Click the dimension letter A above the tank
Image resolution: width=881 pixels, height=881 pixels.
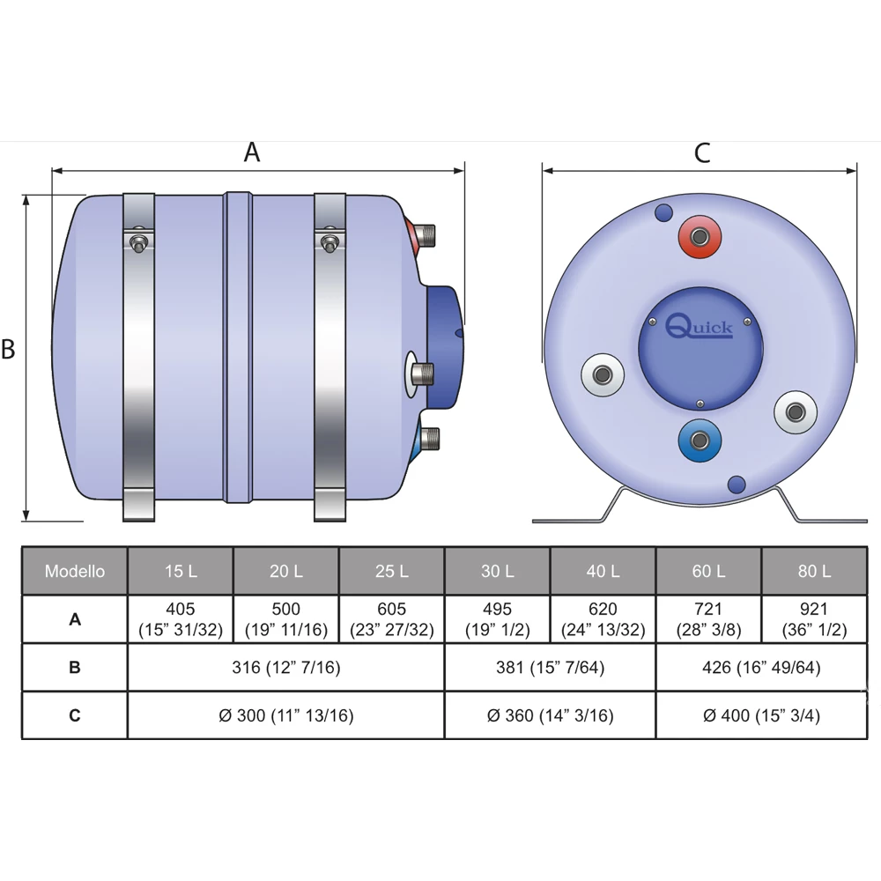coord(252,152)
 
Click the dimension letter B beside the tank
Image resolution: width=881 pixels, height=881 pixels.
coord(8,349)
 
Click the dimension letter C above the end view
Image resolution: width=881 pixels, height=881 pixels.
coord(702,152)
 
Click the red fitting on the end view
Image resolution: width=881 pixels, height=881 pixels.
coord(700,236)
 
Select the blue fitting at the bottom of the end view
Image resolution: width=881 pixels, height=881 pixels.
coord(700,440)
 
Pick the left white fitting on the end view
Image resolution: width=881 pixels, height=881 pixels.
coord(603,374)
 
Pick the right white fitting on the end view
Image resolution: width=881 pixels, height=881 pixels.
coord(796,412)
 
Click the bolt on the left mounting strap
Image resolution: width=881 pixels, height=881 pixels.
coord(139,243)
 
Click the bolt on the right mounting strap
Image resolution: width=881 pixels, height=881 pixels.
coord(329,243)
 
